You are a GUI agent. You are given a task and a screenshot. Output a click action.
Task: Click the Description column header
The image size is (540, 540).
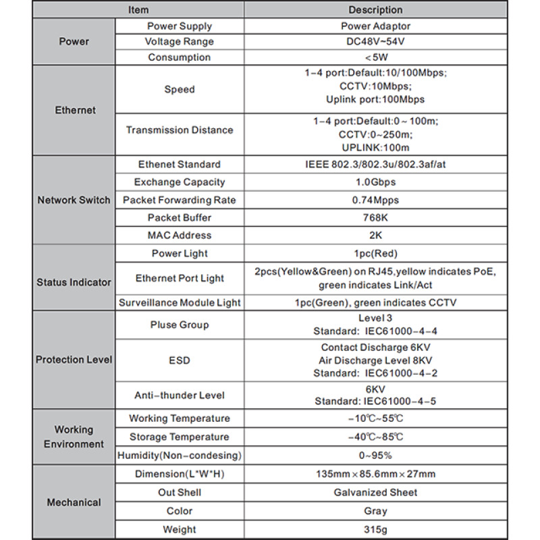(375, 10)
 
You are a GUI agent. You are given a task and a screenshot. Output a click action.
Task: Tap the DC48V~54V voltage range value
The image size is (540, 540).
(375, 42)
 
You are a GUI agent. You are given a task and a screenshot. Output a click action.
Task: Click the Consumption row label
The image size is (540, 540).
(179, 57)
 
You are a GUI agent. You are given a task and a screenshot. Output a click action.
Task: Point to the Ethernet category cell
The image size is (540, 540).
(75, 110)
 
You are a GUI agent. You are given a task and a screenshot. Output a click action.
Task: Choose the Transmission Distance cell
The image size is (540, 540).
(179, 130)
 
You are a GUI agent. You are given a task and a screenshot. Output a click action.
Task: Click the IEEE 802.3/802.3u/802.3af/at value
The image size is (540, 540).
(375, 164)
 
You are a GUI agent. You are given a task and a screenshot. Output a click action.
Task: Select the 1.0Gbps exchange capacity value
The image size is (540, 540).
(375, 182)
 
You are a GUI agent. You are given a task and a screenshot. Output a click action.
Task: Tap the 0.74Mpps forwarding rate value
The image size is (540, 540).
(375, 200)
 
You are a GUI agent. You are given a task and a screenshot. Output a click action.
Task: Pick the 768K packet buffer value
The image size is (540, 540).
(375, 217)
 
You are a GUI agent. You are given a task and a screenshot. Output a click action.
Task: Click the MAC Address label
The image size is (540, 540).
(179, 236)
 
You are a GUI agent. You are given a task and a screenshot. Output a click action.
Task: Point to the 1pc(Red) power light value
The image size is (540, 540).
(375, 254)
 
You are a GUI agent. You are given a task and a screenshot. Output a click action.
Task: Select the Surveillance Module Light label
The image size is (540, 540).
(179, 303)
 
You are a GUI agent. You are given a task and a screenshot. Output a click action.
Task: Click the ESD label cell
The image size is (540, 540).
(179, 360)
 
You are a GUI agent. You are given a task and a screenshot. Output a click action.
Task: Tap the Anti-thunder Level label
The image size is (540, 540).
(179, 395)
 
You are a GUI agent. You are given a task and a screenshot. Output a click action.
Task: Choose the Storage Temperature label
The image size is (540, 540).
(179, 437)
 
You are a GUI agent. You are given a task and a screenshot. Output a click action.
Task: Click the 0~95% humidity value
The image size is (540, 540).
(375, 456)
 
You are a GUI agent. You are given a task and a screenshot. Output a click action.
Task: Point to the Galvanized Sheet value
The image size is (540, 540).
(375, 493)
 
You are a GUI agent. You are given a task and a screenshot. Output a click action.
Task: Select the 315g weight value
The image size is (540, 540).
(375, 529)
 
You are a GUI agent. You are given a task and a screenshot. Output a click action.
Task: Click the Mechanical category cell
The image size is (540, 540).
(75, 502)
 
